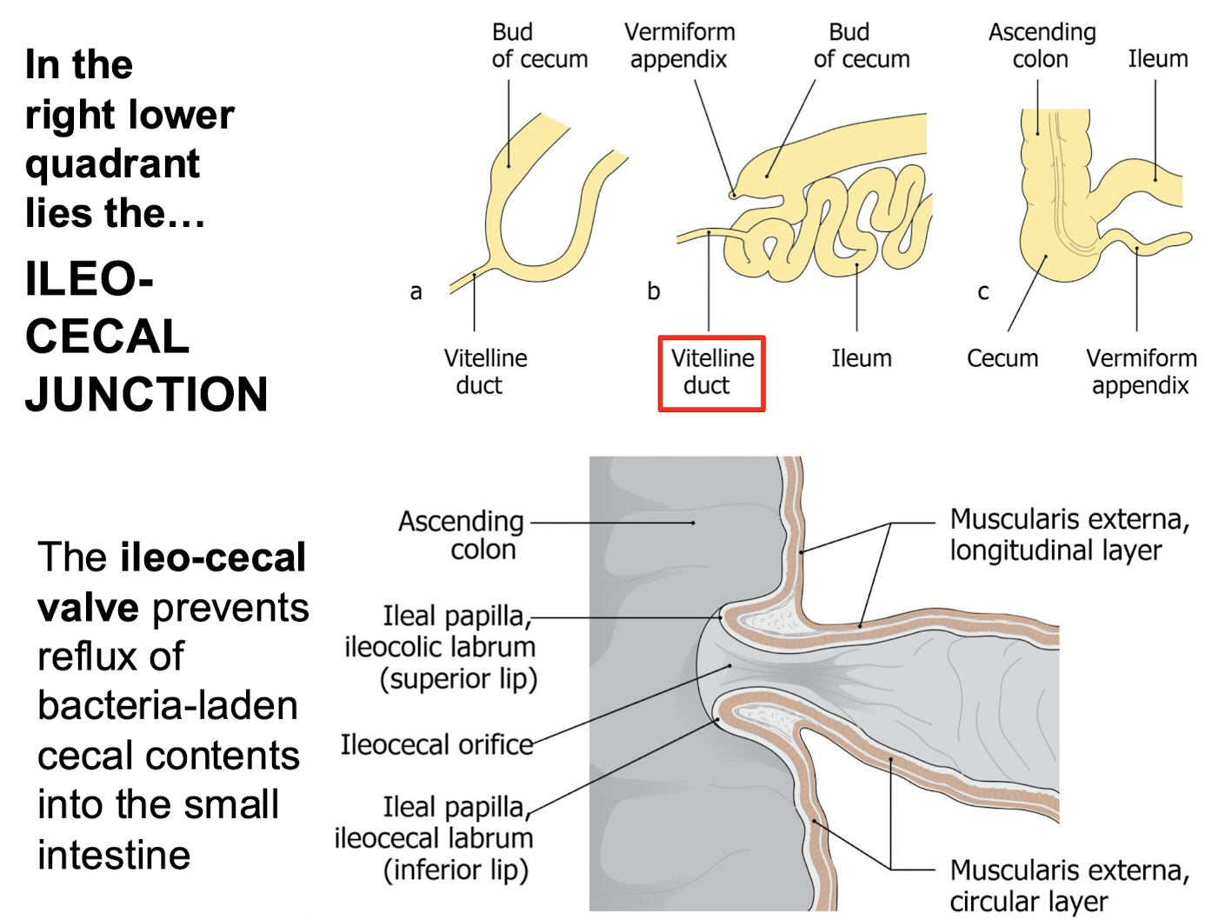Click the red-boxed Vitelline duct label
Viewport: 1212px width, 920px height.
click(711, 372)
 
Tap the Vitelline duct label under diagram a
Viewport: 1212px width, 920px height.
click(484, 371)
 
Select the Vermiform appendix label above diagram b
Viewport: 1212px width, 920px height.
click(679, 45)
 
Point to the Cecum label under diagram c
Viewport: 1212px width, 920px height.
click(1002, 358)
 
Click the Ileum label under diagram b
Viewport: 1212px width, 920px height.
click(861, 358)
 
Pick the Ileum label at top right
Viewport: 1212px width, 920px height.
click(1157, 58)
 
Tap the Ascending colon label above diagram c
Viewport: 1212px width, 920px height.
click(1042, 45)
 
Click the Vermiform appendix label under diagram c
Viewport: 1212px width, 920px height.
click(1140, 371)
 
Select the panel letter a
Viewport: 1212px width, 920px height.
click(416, 292)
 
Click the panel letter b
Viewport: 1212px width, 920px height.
click(653, 291)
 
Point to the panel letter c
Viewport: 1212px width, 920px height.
click(982, 292)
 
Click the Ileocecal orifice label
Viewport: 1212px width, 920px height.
click(436, 744)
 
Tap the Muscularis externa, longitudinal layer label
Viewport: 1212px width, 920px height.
click(1069, 534)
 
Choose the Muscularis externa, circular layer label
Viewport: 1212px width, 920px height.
click(1069, 885)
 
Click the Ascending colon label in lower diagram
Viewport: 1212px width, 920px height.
click(462, 535)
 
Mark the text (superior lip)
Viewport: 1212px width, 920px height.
click(458, 678)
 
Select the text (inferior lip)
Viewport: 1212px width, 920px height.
click(456, 870)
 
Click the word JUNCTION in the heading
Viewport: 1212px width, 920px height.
click(146, 394)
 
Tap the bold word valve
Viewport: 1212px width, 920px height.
click(88, 607)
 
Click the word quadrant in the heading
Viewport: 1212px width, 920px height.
click(112, 163)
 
